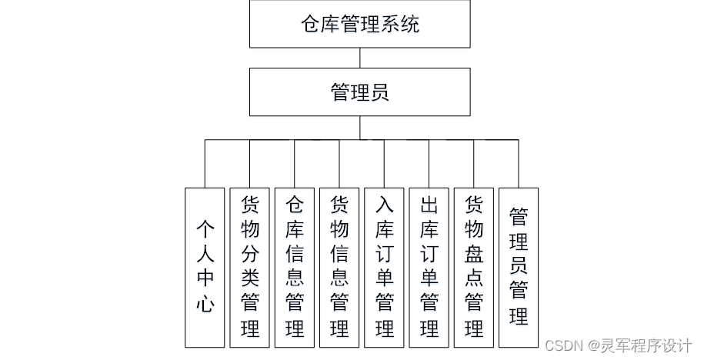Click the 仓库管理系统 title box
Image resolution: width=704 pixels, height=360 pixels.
359,24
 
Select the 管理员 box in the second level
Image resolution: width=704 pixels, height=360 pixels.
359,92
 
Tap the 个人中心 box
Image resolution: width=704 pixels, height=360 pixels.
205,266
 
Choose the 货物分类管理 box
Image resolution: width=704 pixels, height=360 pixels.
250,266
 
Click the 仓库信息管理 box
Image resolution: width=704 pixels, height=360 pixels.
295,266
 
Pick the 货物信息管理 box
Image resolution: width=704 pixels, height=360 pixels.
339,266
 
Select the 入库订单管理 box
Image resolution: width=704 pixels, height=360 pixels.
384,266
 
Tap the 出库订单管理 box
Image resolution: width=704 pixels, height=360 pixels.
429,266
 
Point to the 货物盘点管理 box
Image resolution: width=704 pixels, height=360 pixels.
474,266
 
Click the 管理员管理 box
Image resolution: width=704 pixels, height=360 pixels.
519,266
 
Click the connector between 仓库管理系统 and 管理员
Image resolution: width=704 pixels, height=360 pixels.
359,58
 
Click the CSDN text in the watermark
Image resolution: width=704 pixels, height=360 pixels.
561,345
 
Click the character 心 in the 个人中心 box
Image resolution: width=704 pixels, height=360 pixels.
205,304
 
